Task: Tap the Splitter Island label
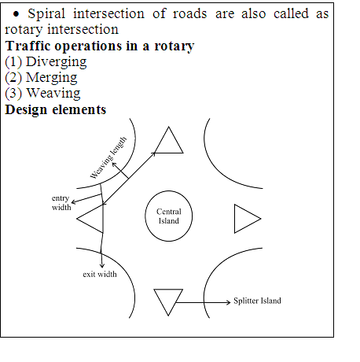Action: [257, 301]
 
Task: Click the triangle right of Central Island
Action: [235, 219]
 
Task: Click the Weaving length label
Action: [108, 158]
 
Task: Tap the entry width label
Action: [61, 202]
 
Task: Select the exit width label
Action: [100, 274]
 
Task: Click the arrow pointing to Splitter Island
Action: [203, 302]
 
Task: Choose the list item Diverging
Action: [56, 62]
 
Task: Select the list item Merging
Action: [51, 78]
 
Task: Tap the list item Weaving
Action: [53, 94]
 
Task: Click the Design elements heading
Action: [56, 109]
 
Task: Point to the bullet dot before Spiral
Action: [16, 14]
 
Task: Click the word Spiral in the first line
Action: [46, 14]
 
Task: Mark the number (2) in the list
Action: [13, 78]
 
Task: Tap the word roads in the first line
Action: [189, 13]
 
